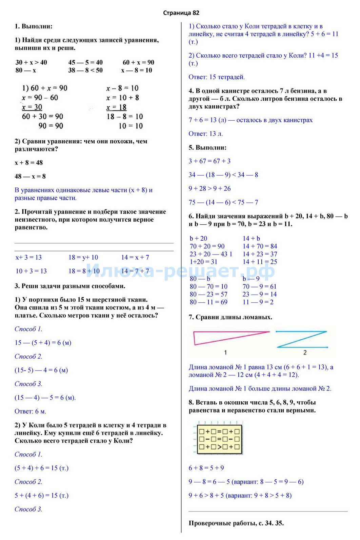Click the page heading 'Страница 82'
coord(181,13)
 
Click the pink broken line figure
coord(231,338)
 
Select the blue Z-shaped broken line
coord(301,339)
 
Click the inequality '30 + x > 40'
coord(31,62)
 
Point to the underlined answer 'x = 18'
coord(116,107)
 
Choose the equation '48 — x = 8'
coord(30,176)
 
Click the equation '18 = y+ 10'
coord(83,257)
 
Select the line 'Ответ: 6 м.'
coord(30,411)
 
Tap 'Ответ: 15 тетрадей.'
coord(217,77)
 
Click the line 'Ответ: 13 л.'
coord(205,134)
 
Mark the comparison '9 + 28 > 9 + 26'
coord(209,188)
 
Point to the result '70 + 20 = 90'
coord(207,246)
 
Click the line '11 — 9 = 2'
coord(258,302)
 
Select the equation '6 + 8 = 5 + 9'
coord(206,468)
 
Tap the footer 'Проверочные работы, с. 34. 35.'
coord(236,523)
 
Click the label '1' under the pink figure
coord(225,353)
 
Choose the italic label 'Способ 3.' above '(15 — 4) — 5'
coord(28,384)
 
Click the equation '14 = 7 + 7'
coord(135,271)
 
